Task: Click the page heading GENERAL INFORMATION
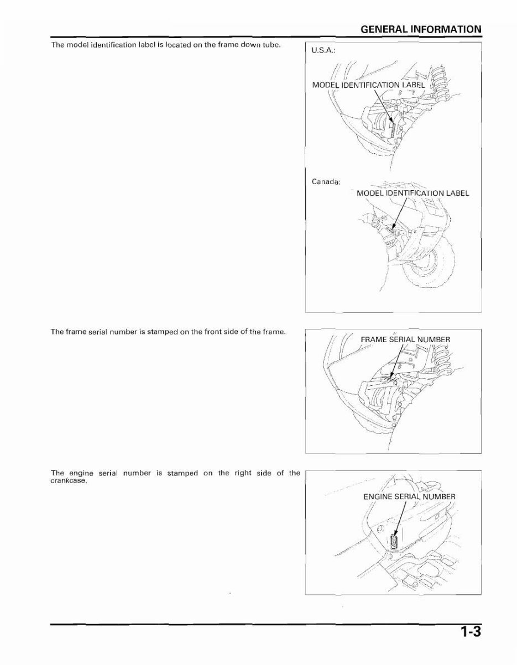[x=420, y=29]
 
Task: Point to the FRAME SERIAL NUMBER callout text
[x=405, y=339]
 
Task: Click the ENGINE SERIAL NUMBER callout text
[x=409, y=496]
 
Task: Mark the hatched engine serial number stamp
[x=394, y=541]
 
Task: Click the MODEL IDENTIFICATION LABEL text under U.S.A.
[x=369, y=85]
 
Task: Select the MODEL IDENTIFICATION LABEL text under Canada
[x=412, y=193]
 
